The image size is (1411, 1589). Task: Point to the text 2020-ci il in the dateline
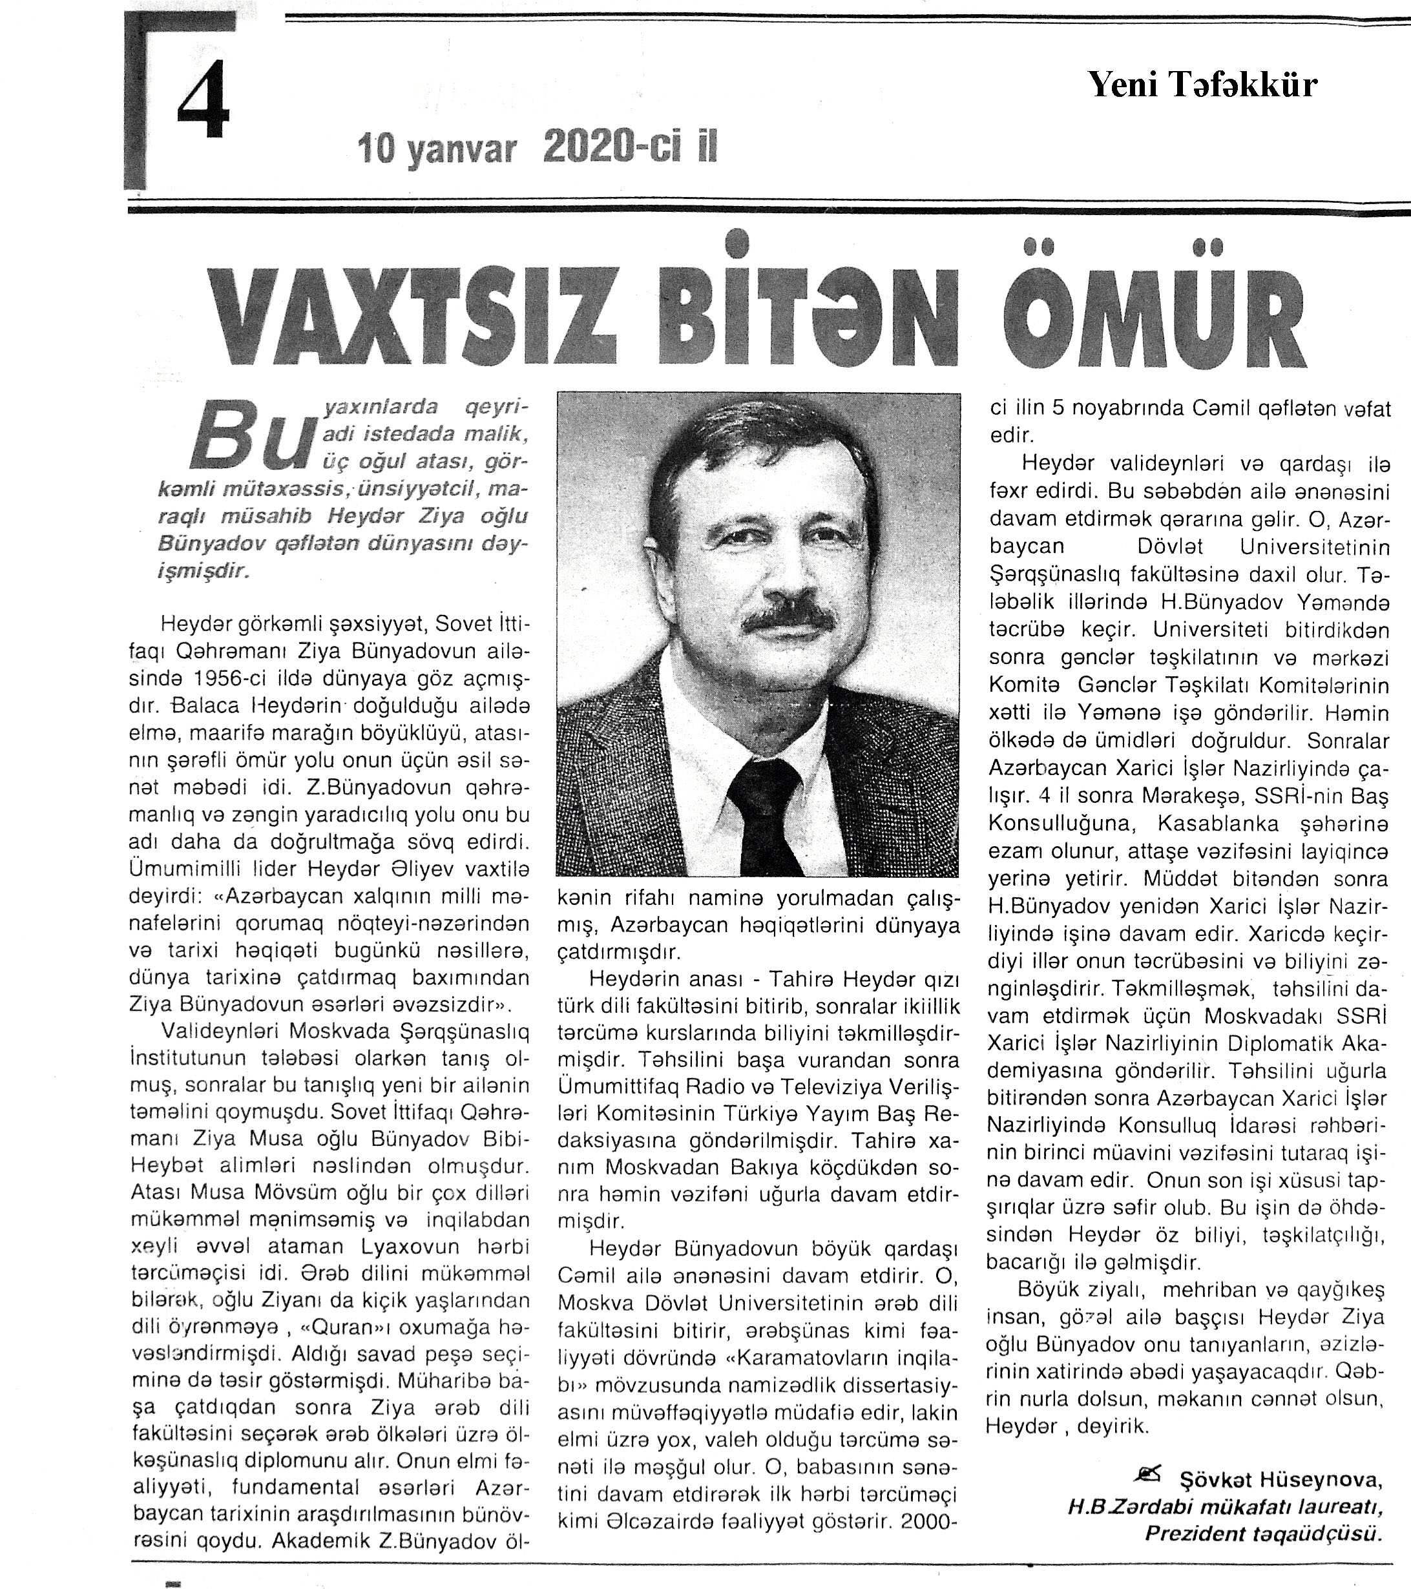pos(631,146)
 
